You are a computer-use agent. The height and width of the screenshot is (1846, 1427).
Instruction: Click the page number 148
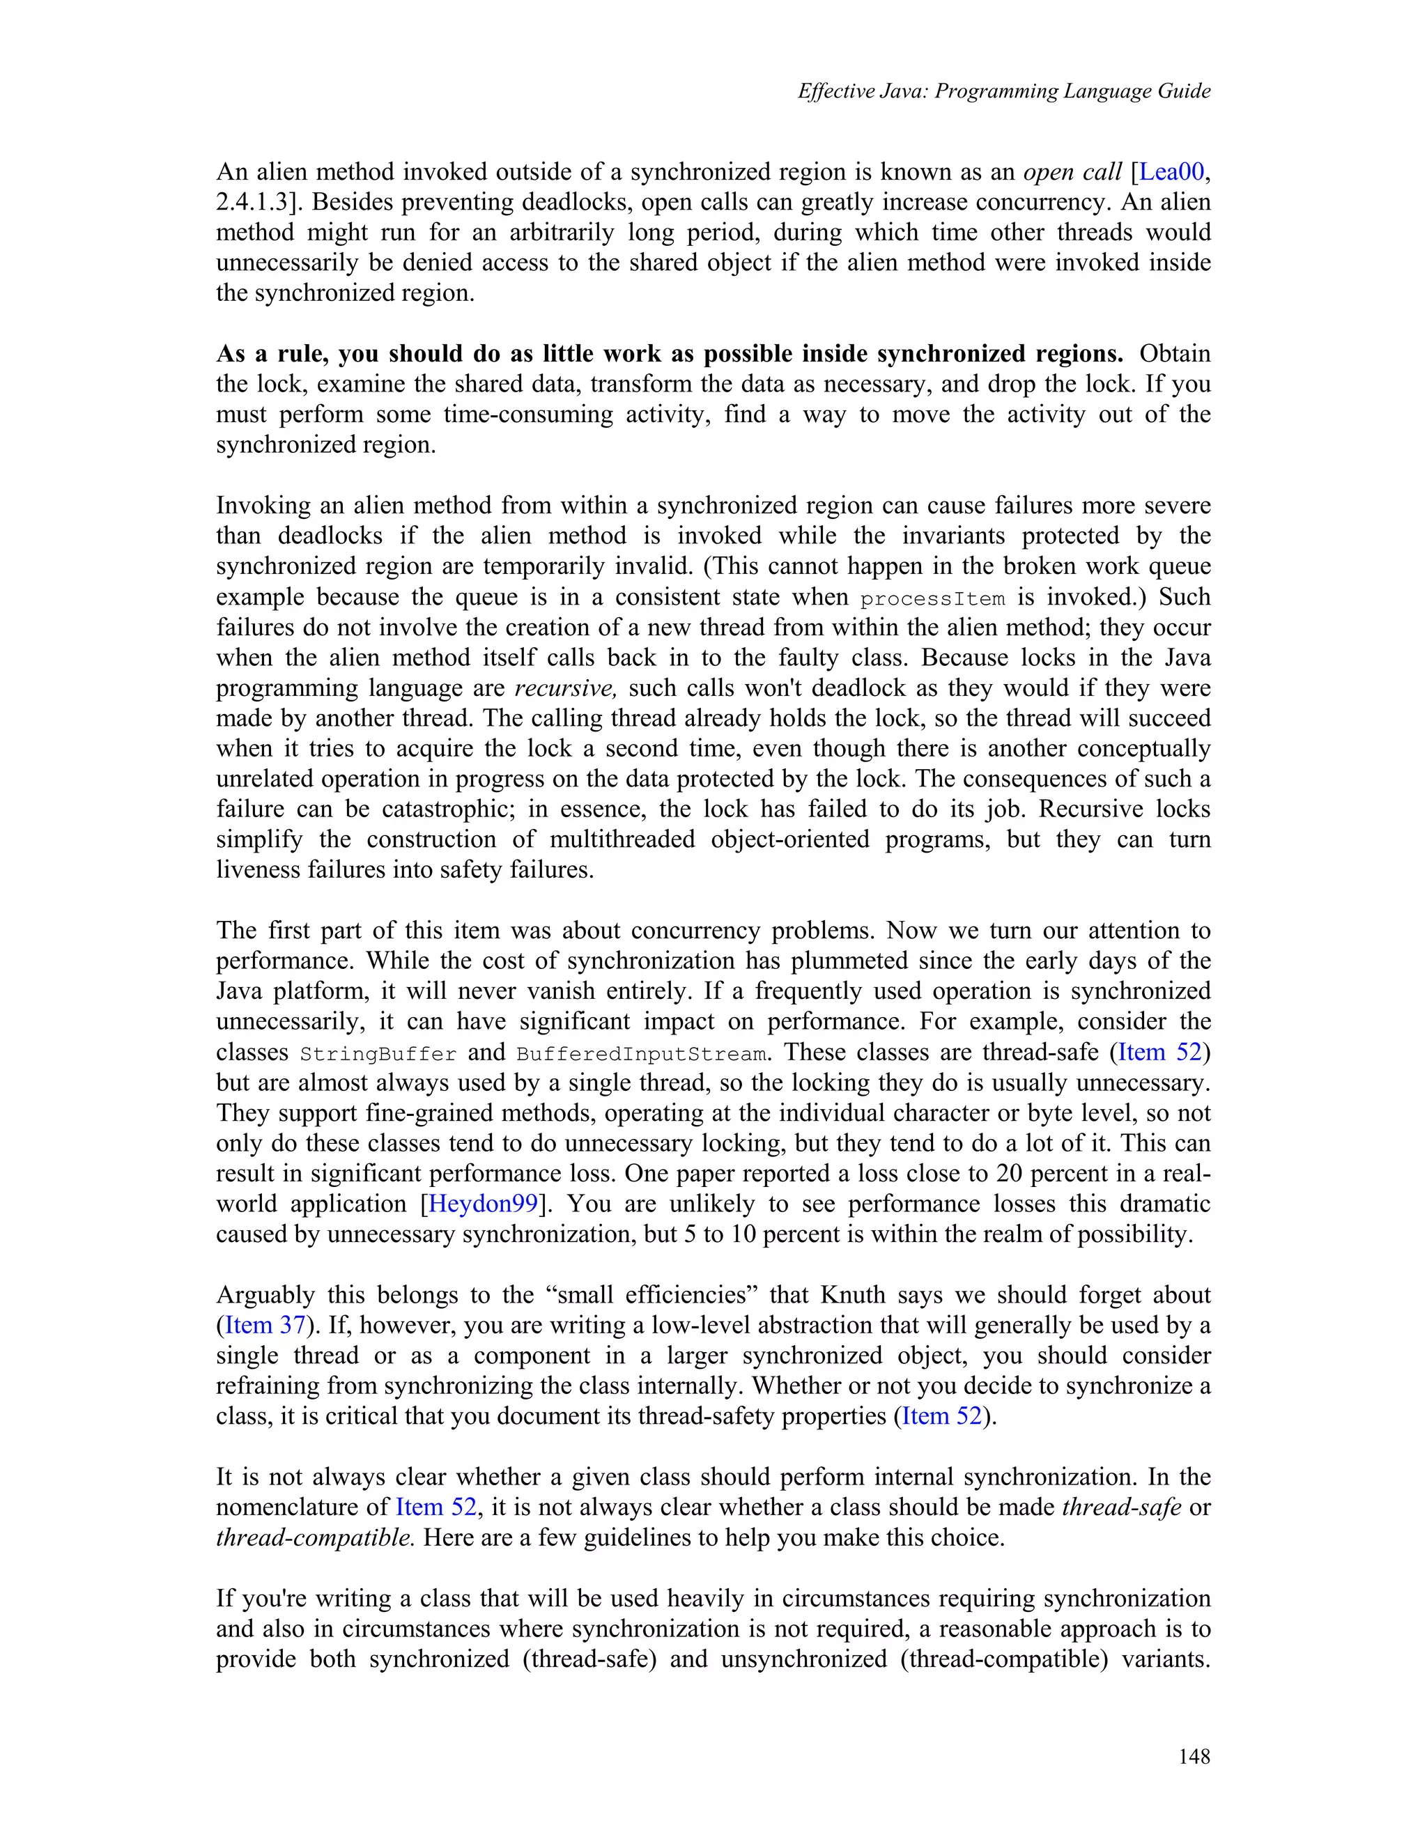tap(1194, 1756)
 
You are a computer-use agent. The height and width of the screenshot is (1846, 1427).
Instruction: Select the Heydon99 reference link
tap(483, 1204)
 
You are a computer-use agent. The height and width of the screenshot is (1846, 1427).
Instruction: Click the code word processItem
tap(932, 598)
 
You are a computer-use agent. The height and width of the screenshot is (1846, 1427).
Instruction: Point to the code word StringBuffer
tap(378, 1054)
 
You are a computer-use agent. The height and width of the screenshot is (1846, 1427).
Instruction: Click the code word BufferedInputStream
tap(642, 1054)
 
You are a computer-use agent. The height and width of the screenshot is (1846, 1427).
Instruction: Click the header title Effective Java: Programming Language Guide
tap(1003, 91)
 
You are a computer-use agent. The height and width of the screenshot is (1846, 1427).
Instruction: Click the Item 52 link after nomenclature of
tap(435, 1507)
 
